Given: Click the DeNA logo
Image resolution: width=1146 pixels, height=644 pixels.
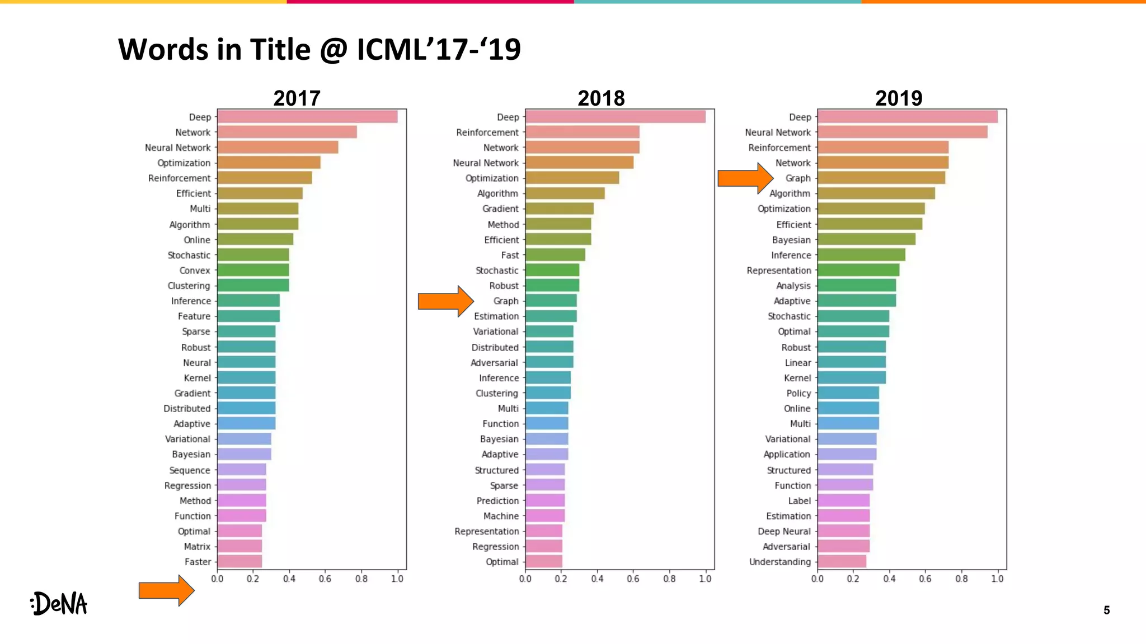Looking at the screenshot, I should [x=59, y=604].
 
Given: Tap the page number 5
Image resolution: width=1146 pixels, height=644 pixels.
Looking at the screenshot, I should [x=1106, y=610].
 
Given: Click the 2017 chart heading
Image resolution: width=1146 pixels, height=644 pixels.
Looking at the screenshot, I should [x=297, y=98].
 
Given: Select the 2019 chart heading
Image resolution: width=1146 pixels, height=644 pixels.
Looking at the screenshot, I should [x=898, y=98].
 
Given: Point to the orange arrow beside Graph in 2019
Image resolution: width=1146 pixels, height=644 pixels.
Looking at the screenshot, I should [x=744, y=178].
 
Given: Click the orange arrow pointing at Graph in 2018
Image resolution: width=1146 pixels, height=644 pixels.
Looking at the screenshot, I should [x=445, y=301].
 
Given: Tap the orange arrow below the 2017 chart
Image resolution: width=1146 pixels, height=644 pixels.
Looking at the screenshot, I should [x=166, y=590].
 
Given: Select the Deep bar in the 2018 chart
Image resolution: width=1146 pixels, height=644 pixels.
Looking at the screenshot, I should [x=615, y=117].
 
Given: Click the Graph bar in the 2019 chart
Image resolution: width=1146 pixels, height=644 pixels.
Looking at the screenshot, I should [x=881, y=178].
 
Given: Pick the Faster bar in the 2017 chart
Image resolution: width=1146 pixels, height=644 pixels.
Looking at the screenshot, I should [x=239, y=561].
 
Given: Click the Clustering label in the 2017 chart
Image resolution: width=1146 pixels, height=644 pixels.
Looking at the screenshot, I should [x=189, y=286].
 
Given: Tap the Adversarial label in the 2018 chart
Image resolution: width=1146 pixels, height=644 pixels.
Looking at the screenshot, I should [x=494, y=363].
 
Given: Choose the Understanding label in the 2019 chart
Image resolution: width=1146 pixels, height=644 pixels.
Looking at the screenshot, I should [x=779, y=562].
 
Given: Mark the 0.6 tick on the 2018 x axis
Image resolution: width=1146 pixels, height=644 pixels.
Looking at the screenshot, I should [x=633, y=579].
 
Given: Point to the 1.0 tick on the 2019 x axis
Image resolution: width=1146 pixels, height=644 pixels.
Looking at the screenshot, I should [x=997, y=579].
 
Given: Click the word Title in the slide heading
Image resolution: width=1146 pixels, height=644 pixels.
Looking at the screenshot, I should [x=280, y=49].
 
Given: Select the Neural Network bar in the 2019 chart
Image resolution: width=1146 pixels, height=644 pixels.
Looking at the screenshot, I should [x=902, y=132].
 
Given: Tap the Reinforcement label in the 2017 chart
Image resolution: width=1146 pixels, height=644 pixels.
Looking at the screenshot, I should [x=179, y=178].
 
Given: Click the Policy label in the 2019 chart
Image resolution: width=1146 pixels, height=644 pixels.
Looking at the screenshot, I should [x=798, y=394].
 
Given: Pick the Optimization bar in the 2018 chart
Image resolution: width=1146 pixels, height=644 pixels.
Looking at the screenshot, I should [x=572, y=178].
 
